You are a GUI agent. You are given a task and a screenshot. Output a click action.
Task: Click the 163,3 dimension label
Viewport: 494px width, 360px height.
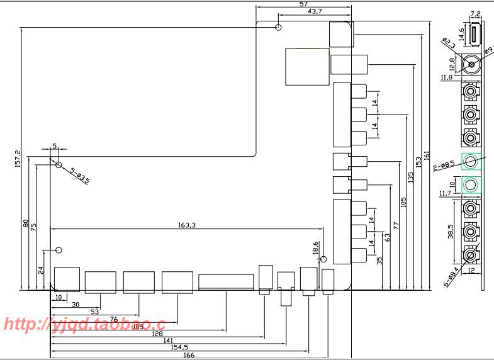pyautogui.click(x=187, y=224)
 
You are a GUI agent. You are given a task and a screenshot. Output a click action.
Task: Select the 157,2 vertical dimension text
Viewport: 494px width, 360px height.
pyautogui.click(x=18, y=159)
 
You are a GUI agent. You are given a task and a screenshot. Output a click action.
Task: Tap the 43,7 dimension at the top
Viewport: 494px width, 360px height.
pyautogui.click(x=315, y=12)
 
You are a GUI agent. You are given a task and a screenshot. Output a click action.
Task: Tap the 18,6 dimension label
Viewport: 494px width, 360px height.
pyautogui.click(x=315, y=247)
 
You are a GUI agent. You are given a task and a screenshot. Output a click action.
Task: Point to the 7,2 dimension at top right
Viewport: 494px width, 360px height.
pyautogui.click(x=475, y=13)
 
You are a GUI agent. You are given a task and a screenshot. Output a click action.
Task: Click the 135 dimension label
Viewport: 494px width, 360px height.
pyautogui.click(x=411, y=177)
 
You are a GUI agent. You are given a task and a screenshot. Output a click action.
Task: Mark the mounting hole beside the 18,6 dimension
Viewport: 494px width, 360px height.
pyautogui.click(x=323, y=259)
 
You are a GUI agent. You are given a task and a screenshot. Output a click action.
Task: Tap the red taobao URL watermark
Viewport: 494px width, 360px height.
pyautogui.click(x=84, y=325)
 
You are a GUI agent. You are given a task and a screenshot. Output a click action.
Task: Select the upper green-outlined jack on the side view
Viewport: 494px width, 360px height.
pyautogui.click(x=471, y=162)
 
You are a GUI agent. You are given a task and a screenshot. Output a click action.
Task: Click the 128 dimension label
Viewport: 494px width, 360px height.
pyautogui.click(x=157, y=333)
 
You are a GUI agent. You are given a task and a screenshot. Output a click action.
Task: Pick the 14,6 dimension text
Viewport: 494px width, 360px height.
pyautogui.click(x=461, y=33)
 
